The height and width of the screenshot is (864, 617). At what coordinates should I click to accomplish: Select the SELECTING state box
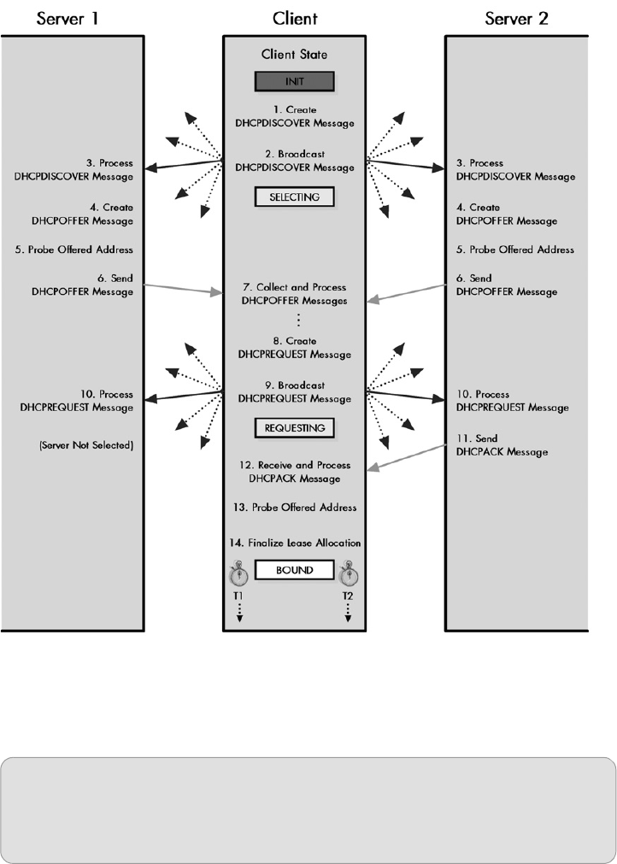pos(295,197)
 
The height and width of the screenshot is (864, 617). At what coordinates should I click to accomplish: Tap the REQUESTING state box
pos(295,427)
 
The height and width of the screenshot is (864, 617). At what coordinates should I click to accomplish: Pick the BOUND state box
pos(294,569)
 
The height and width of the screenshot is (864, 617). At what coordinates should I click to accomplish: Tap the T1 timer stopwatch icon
pos(239,570)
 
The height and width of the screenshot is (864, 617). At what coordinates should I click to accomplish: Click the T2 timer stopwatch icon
pos(349,570)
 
